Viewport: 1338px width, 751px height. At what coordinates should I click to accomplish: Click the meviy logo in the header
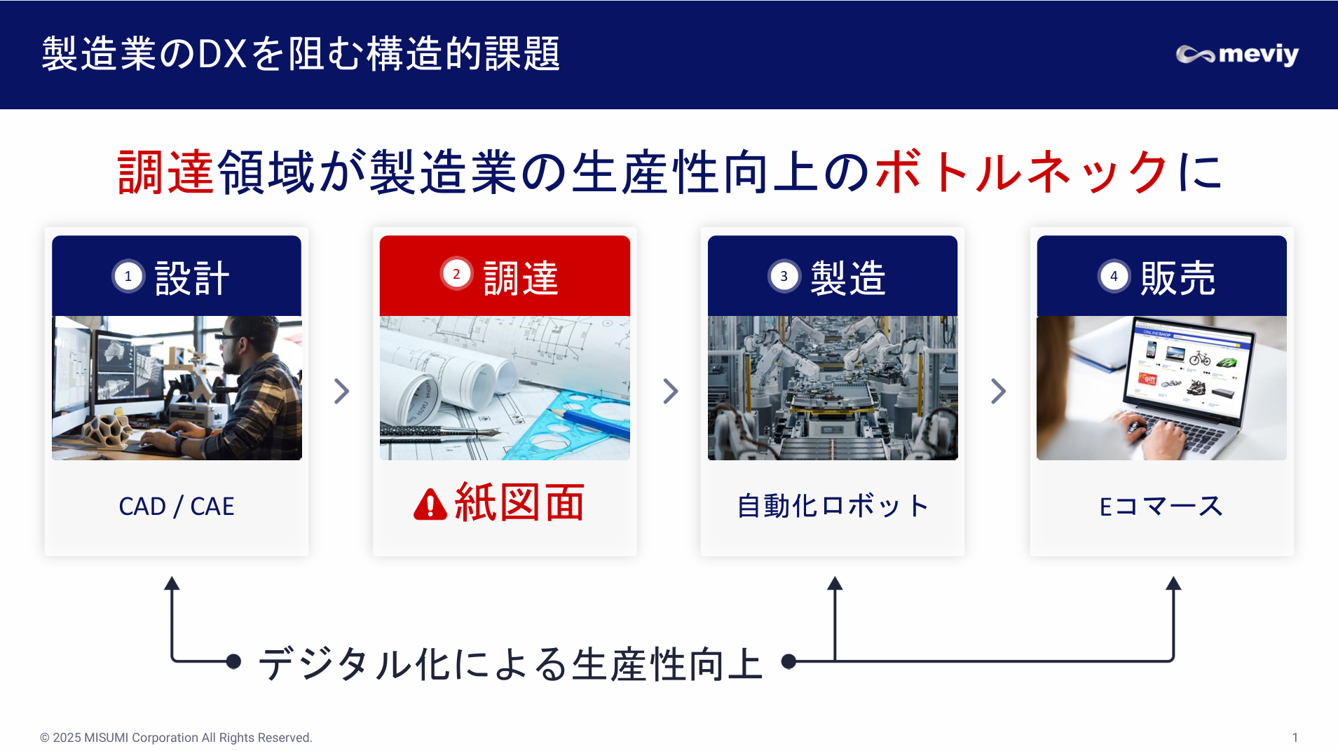click(1237, 54)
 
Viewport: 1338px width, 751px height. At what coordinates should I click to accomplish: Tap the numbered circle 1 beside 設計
click(128, 276)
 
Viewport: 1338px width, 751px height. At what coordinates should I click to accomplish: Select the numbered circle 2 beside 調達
click(456, 274)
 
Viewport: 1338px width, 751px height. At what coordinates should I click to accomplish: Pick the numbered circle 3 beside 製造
click(784, 276)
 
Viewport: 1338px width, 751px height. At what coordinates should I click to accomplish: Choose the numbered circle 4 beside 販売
click(1114, 276)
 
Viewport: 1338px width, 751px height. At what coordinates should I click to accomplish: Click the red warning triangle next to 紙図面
click(430, 504)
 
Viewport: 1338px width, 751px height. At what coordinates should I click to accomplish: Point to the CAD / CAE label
click(177, 506)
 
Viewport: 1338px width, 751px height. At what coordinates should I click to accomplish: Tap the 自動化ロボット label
click(833, 506)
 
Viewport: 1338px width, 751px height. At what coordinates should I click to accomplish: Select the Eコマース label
click(1161, 506)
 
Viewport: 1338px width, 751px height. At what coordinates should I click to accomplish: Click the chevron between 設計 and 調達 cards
click(341, 391)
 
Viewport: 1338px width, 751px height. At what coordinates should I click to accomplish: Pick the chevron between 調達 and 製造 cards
click(670, 391)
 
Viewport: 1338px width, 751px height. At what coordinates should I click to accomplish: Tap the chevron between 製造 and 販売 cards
click(998, 391)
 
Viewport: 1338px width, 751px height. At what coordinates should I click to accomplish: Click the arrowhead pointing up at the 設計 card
click(172, 583)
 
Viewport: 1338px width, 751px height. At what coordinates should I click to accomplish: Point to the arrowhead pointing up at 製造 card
click(835, 583)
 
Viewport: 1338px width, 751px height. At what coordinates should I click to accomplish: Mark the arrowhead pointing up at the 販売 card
click(1174, 583)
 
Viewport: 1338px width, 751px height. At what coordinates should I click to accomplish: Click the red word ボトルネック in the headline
click(1021, 172)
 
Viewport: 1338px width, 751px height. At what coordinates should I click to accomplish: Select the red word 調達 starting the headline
click(166, 172)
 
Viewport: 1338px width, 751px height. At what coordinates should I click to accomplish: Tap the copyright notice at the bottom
click(176, 738)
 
